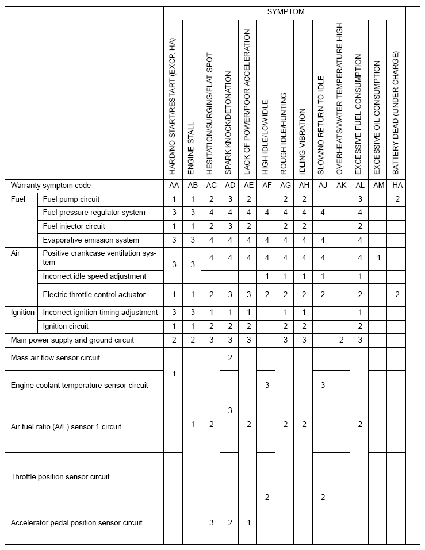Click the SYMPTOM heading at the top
(285, 11)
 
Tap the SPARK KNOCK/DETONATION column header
(228, 124)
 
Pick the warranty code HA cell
(396, 186)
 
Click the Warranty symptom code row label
(51, 186)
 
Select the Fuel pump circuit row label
(71, 199)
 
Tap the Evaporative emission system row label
(91, 240)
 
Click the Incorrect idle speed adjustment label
(94, 276)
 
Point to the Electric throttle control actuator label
(94, 295)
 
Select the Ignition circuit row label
(66, 326)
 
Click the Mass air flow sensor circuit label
(55, 357)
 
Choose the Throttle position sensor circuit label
(60, 476)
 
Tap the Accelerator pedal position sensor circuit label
(76, 522)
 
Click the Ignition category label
(23, 313)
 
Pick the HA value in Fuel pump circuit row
(396, 199)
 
